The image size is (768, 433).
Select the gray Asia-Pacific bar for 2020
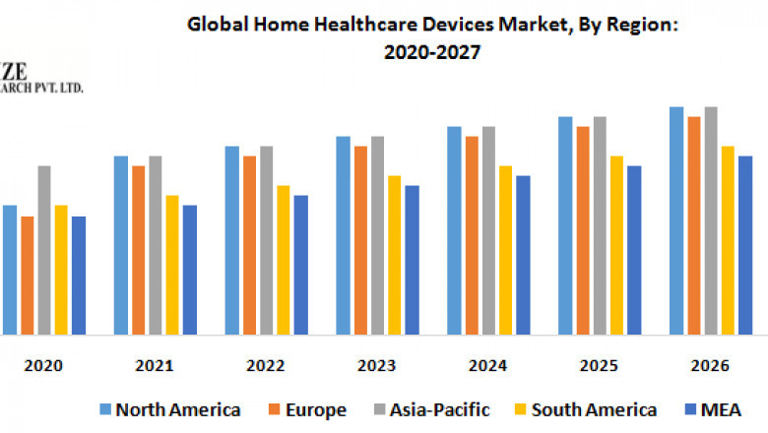click(44, 250)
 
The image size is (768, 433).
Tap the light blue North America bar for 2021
click(121, 245)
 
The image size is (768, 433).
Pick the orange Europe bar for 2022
click(250, 245)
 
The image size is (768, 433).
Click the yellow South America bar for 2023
click(394, 255)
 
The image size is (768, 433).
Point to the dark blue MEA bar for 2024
click(523, 255)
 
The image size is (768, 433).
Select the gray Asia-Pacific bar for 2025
click(600, 225)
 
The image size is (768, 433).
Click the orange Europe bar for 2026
click(694, 225)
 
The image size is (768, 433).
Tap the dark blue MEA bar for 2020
click(79, 276)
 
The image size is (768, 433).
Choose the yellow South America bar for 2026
click(728, 240)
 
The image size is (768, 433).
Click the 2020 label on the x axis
click(43, 366)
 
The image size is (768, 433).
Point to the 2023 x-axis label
click(377, 366)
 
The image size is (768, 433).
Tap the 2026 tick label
click(710, 366)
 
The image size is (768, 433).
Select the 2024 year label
click(488, 366)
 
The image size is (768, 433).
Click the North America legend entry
click(168, 409)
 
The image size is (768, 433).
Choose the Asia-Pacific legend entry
click(430, 409)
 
